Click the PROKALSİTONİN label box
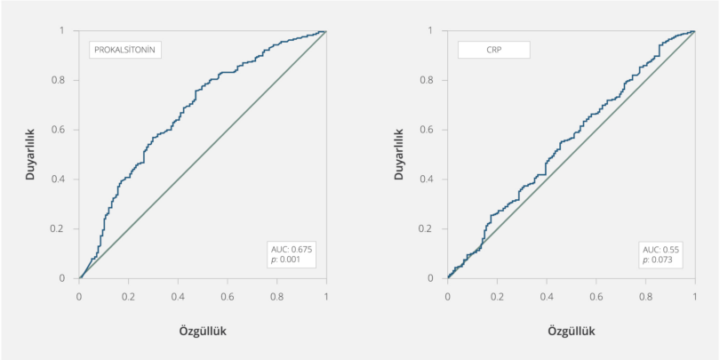126,50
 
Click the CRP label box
493,50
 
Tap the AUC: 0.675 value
292,251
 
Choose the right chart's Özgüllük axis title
571,331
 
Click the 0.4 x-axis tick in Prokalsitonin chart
179,293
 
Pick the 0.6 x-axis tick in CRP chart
596,293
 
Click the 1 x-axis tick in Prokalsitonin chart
326,293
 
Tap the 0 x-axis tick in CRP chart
448,293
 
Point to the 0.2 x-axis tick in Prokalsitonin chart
130,293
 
